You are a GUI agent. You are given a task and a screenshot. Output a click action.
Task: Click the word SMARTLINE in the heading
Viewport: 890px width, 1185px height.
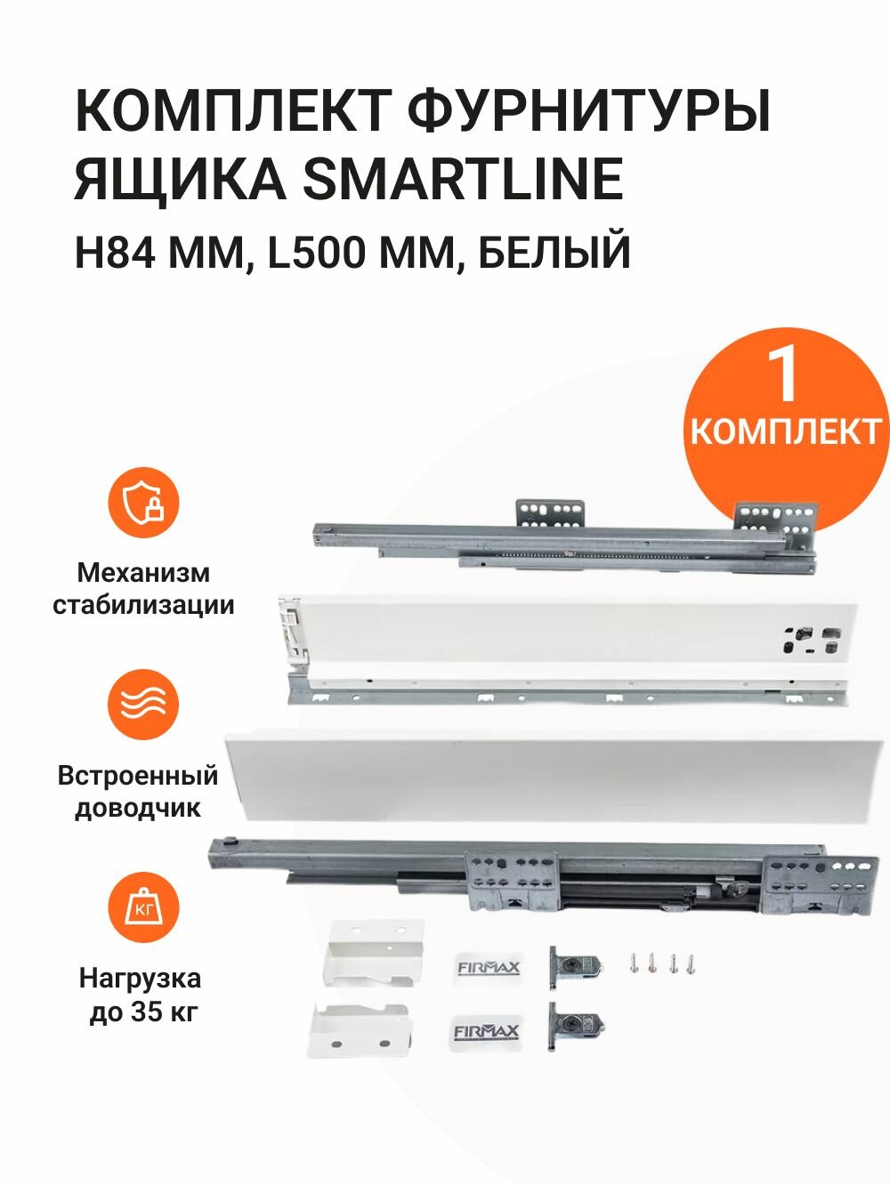point(463,179)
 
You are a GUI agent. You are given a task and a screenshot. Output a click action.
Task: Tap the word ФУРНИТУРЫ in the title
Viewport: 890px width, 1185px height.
point(588,110)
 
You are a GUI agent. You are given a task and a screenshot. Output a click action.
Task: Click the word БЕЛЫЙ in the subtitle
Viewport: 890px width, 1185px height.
point(554,253)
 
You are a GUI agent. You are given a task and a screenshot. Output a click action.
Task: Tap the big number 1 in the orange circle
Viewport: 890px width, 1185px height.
point(784,375)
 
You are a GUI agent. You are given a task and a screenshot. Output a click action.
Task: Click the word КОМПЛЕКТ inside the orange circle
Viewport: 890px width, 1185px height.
point(785,432)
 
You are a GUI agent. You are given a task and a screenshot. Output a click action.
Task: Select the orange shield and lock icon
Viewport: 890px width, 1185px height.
point(144,503)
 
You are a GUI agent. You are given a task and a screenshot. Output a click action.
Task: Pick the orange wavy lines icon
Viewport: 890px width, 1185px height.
point(144,705)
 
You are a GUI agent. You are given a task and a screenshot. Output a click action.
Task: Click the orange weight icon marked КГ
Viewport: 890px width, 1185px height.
point(144,907)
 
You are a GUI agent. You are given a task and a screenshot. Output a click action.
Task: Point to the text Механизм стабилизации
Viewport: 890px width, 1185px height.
point(143,588)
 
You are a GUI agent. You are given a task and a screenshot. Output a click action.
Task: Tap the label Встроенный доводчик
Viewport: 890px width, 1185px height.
point(138,791)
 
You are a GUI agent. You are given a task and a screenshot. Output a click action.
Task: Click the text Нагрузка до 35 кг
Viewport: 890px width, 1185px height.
point(141,995)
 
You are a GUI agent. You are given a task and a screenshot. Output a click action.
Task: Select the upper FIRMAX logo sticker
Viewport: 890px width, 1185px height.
point(488,967)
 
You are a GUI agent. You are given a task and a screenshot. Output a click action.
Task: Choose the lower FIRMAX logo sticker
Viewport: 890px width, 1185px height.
point(486,1031)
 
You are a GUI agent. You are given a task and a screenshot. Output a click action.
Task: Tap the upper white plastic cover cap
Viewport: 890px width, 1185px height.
point(373,954)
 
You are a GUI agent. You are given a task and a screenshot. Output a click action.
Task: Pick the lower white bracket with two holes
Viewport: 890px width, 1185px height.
point(360,1030)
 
